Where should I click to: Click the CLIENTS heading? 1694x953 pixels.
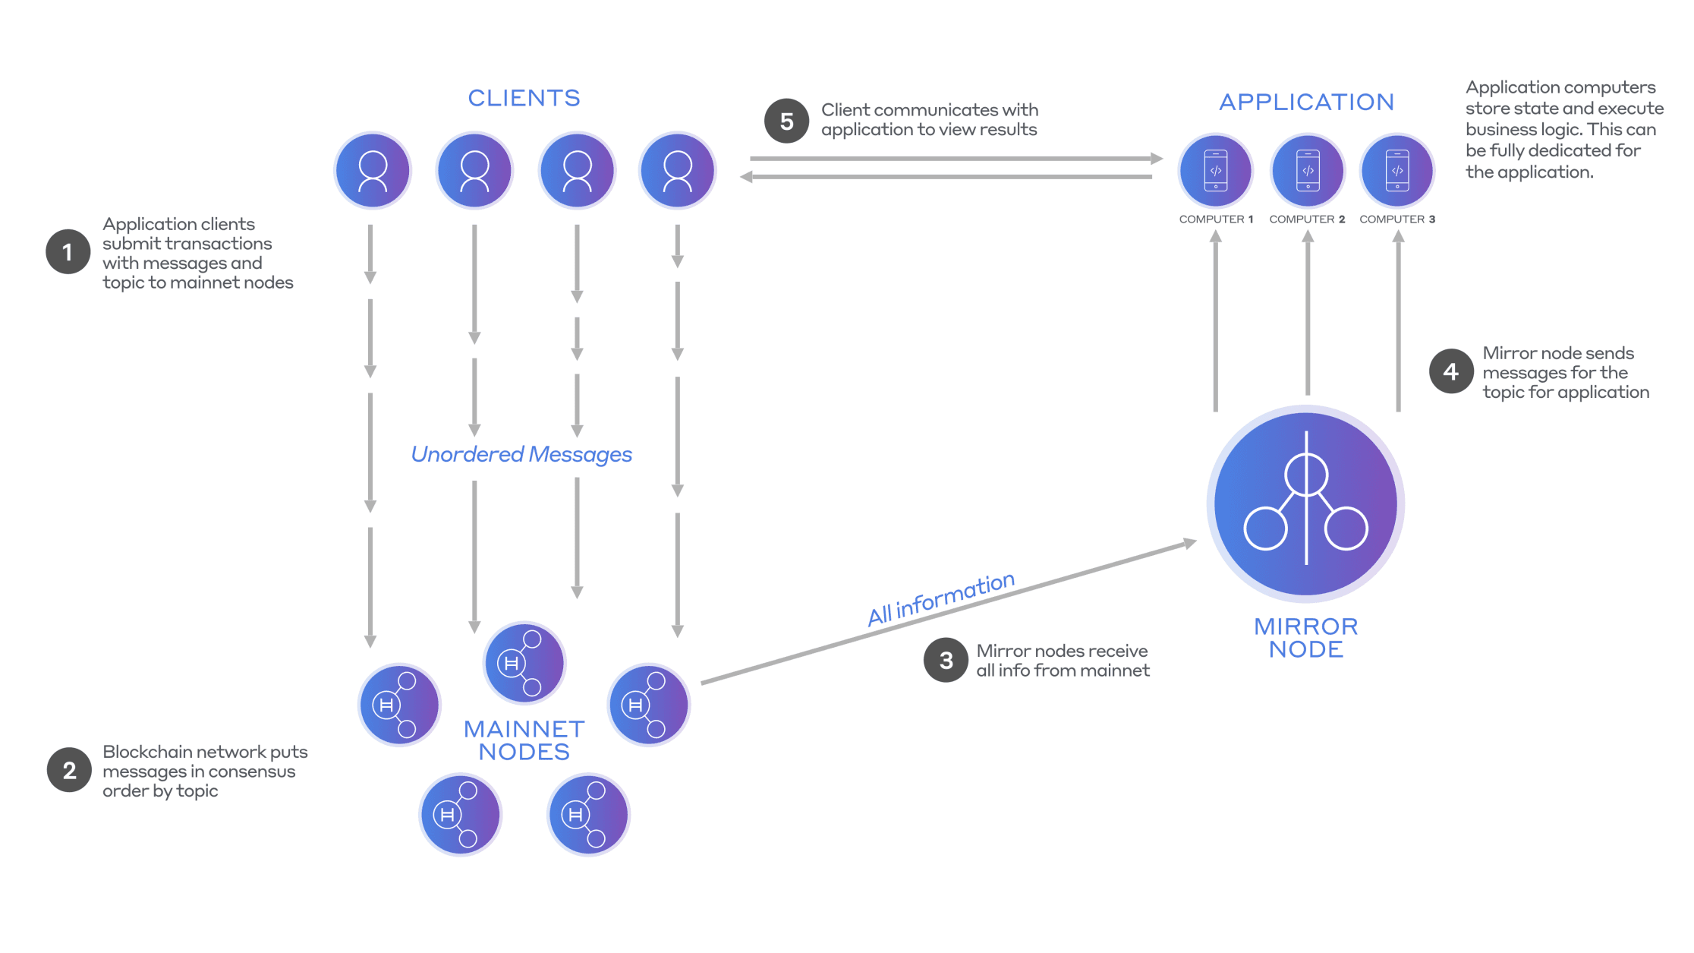click(x=524, y=98)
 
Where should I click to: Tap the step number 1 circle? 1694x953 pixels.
click(x=68, y=251)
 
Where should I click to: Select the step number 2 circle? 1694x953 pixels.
click(x=69, y=770)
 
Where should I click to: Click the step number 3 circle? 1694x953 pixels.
click(x=946, y=660)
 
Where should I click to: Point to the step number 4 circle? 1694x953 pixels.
click(x=1450, y=371)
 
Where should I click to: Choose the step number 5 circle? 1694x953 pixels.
click(x=786, y=121)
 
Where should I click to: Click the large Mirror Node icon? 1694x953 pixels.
click(x=1305, y=503)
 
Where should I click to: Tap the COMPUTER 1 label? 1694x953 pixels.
click(x=1216, y=219)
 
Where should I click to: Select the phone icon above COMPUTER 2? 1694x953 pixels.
click(x=1308, y=171)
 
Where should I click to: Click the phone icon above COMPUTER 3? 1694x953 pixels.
click(x=1397, y=171)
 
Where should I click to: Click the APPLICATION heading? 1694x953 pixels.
click(x=1306, y=102)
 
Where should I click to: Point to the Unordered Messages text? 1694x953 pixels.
click(x=521, y=454)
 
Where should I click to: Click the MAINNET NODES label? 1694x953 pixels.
click(x=524, y=740)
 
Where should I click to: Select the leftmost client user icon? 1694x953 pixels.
click(x=373, y=171)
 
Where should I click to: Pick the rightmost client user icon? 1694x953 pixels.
click(x=677, y=171)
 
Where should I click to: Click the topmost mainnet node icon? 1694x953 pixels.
click(x=524, y=662)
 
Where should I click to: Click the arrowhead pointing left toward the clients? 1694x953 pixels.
click(x=746, y=177)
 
